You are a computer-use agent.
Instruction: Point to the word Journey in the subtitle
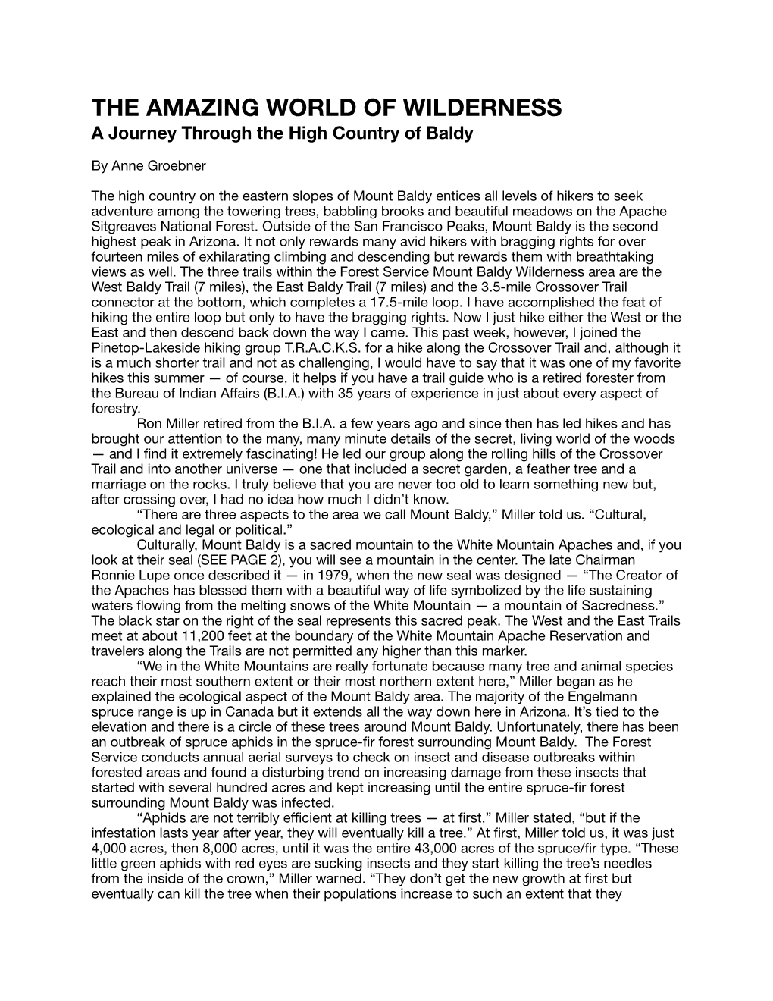tap(141, 134)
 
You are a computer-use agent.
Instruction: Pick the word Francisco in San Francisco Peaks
tap(393, 226)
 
